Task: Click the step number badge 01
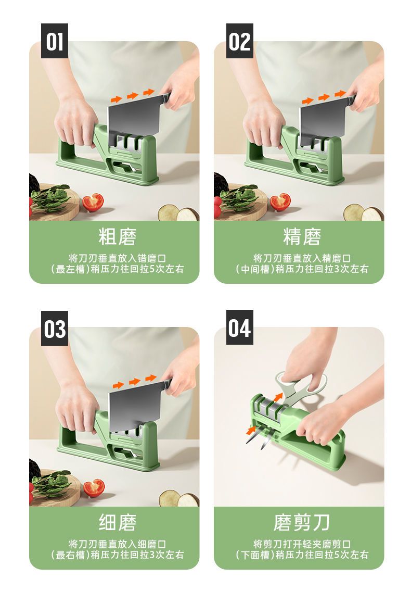55,41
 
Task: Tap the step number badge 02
240,41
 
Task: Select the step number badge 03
55,328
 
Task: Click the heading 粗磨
118,237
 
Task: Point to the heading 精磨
302,237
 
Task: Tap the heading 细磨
118,522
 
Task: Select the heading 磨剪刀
302,522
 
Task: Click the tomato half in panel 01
93,202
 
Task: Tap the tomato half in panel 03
94,488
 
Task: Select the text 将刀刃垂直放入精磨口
302,259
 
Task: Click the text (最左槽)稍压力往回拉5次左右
117,269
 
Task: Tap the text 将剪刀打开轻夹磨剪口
302,544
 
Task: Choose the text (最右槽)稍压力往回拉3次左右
117,555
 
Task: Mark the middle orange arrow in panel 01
133,96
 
